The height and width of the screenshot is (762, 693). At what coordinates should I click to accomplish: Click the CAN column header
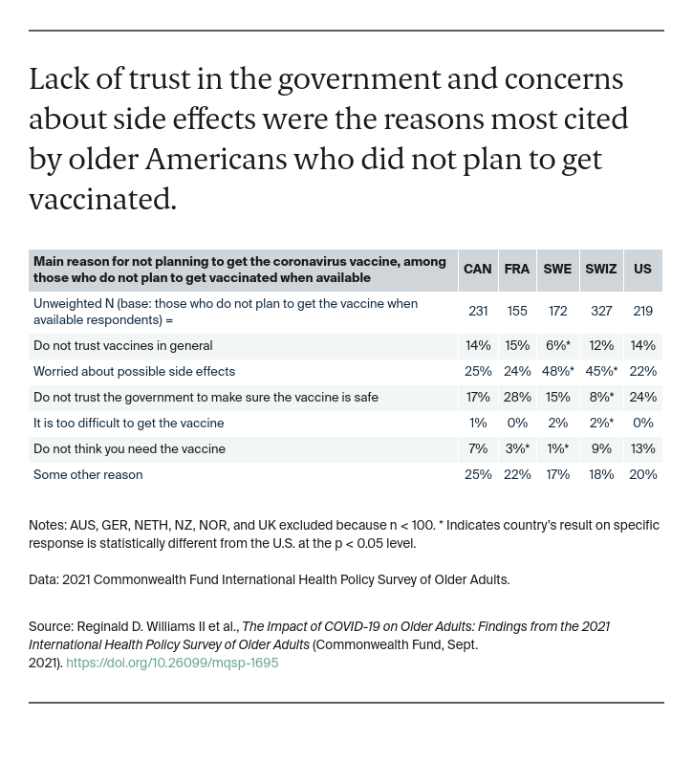tap(477, 270)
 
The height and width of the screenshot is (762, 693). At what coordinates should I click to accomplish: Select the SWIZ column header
tap(600, 270)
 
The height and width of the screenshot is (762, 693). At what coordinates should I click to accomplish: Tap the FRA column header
tap(516, 270)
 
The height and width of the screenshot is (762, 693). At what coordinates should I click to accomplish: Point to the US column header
tap(642, 270)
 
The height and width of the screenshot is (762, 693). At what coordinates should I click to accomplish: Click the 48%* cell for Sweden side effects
tap(557, 372)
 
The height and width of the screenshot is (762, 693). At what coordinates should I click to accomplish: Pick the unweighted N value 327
tap(601, 312)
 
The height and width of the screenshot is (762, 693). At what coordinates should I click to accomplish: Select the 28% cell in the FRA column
tap(517, 398)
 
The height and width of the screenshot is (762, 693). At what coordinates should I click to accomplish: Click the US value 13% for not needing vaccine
tap(642, 449)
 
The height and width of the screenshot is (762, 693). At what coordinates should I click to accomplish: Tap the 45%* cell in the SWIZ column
tap(601, 372)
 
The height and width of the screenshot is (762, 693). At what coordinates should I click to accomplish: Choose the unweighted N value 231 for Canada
tap(478, 312)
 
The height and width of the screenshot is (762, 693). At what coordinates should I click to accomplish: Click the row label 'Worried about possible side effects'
tap(134, 372)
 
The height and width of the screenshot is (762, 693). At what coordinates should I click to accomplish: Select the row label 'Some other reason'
tap(88, 475)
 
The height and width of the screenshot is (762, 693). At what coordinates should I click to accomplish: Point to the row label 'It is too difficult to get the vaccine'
tap(128, 424)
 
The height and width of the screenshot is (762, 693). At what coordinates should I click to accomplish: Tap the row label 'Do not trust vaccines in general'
tap(122, 346)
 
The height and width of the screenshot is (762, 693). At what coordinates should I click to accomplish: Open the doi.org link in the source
tap(172, 663)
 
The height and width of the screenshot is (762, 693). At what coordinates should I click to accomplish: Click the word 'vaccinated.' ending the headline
tap(102, 199)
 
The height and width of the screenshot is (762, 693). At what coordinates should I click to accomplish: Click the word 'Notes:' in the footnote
tap(47, 526)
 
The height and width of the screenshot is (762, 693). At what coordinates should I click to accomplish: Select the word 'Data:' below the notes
tap(44, 580)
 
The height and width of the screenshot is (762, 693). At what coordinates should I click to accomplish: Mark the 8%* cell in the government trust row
tap(601, 398)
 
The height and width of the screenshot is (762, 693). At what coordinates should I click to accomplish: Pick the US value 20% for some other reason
tap(642, 475)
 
